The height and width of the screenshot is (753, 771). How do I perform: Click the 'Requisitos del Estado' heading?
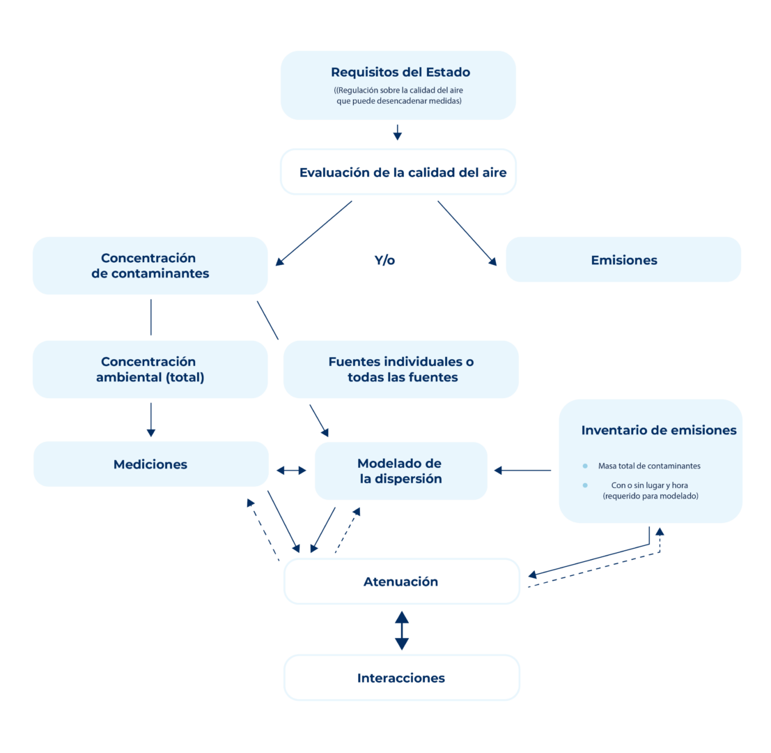click(x=400, y=72)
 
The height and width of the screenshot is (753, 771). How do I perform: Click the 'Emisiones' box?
click(x=623, y=260)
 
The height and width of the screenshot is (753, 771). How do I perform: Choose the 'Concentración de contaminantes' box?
click(x=150, y=266)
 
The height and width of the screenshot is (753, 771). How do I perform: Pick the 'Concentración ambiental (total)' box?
click(x=150, y=370)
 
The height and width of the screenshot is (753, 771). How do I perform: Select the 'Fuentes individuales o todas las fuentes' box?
click(x=400, y=370)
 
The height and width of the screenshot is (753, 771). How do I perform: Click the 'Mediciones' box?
click(x=150, y=464)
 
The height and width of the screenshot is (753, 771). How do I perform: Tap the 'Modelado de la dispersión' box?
click(x=400, y=471)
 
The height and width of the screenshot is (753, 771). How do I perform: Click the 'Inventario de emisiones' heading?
click(x=658, y=430)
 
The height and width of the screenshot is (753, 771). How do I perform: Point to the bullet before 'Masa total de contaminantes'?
click(x=585, y=466)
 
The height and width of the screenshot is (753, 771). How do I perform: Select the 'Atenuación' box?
click(x=401, y=581)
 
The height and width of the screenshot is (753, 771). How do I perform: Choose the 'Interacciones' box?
click(x=401, y=678)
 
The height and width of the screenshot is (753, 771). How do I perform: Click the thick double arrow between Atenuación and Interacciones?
click(x=401, y=630)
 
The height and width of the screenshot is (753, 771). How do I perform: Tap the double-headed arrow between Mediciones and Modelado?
click(x=291, y=471)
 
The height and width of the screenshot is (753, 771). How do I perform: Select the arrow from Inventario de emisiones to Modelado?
click(x=522, y=471)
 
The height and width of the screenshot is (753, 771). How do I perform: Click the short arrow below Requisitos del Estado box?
click(x=397, y=132)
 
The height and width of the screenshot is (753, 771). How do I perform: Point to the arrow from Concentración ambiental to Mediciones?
click(x=150, y=419)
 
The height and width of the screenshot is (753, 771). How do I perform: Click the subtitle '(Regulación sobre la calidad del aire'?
click(x=398, y=91)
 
